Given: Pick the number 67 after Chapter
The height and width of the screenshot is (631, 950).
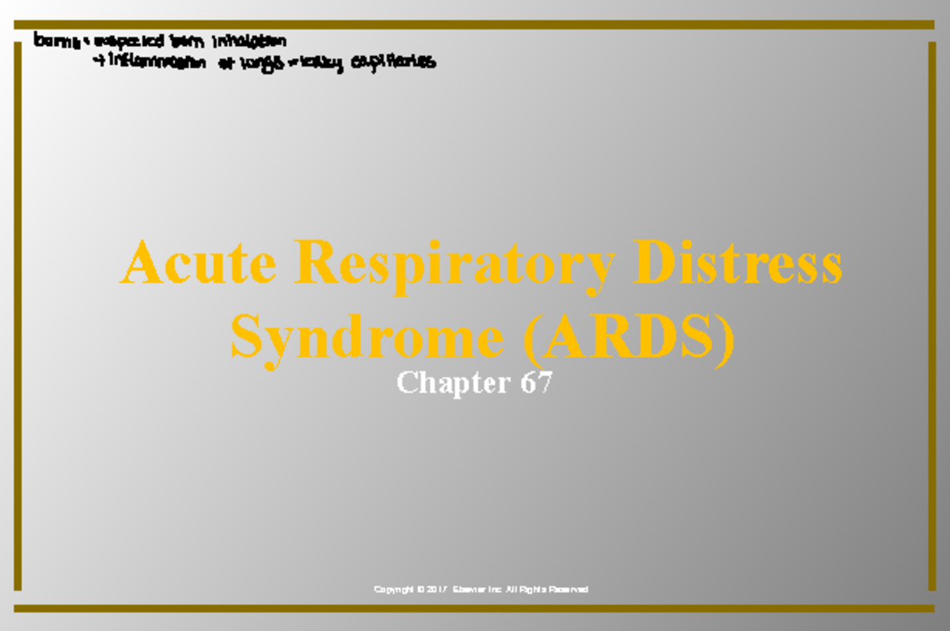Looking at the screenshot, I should pyautogui.click(x=535, y=383).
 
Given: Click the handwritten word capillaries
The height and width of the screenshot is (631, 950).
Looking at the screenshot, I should pyautogui.click(x=393, y=63).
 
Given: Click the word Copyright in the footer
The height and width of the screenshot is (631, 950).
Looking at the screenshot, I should pyautogui.click(x=393, y=590).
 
